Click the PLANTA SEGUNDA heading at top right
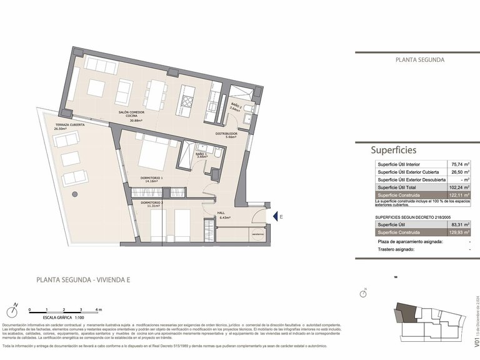pos(420,60)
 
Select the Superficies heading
pos(393,150)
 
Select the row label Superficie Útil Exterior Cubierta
pos(407,172)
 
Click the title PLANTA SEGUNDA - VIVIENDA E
pos(82,280)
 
